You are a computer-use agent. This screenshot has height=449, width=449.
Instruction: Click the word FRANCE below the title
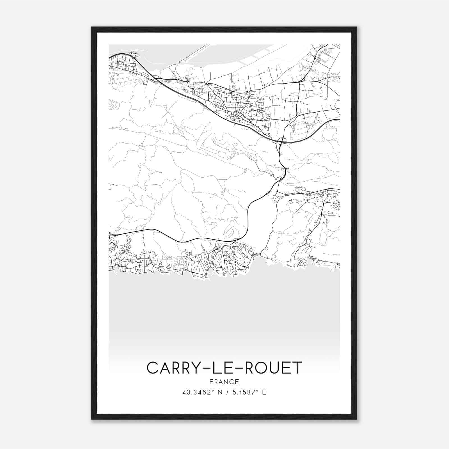point(224,382)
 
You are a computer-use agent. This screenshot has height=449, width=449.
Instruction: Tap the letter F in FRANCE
point(211,382)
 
